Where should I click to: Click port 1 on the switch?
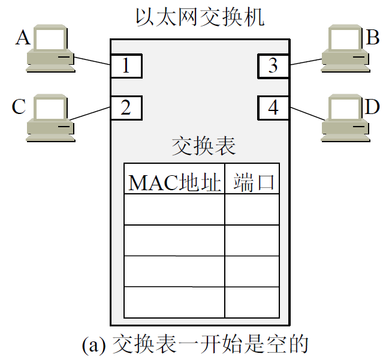[x=126, y=66]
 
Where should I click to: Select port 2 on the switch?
[x=126, y=108]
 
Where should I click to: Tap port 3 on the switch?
[x=273, y=66]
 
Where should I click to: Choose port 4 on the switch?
[x=273, y=108]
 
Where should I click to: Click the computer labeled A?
[x=52, y=52]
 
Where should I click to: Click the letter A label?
[x=22, y=38]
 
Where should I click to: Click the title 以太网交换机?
[x=200, y=17]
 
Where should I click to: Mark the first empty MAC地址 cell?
[x=174, y=209]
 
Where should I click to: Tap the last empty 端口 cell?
[x=252, y=302]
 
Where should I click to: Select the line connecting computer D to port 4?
[x=306, y=113]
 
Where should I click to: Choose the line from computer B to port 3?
[x=306, y=61]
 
